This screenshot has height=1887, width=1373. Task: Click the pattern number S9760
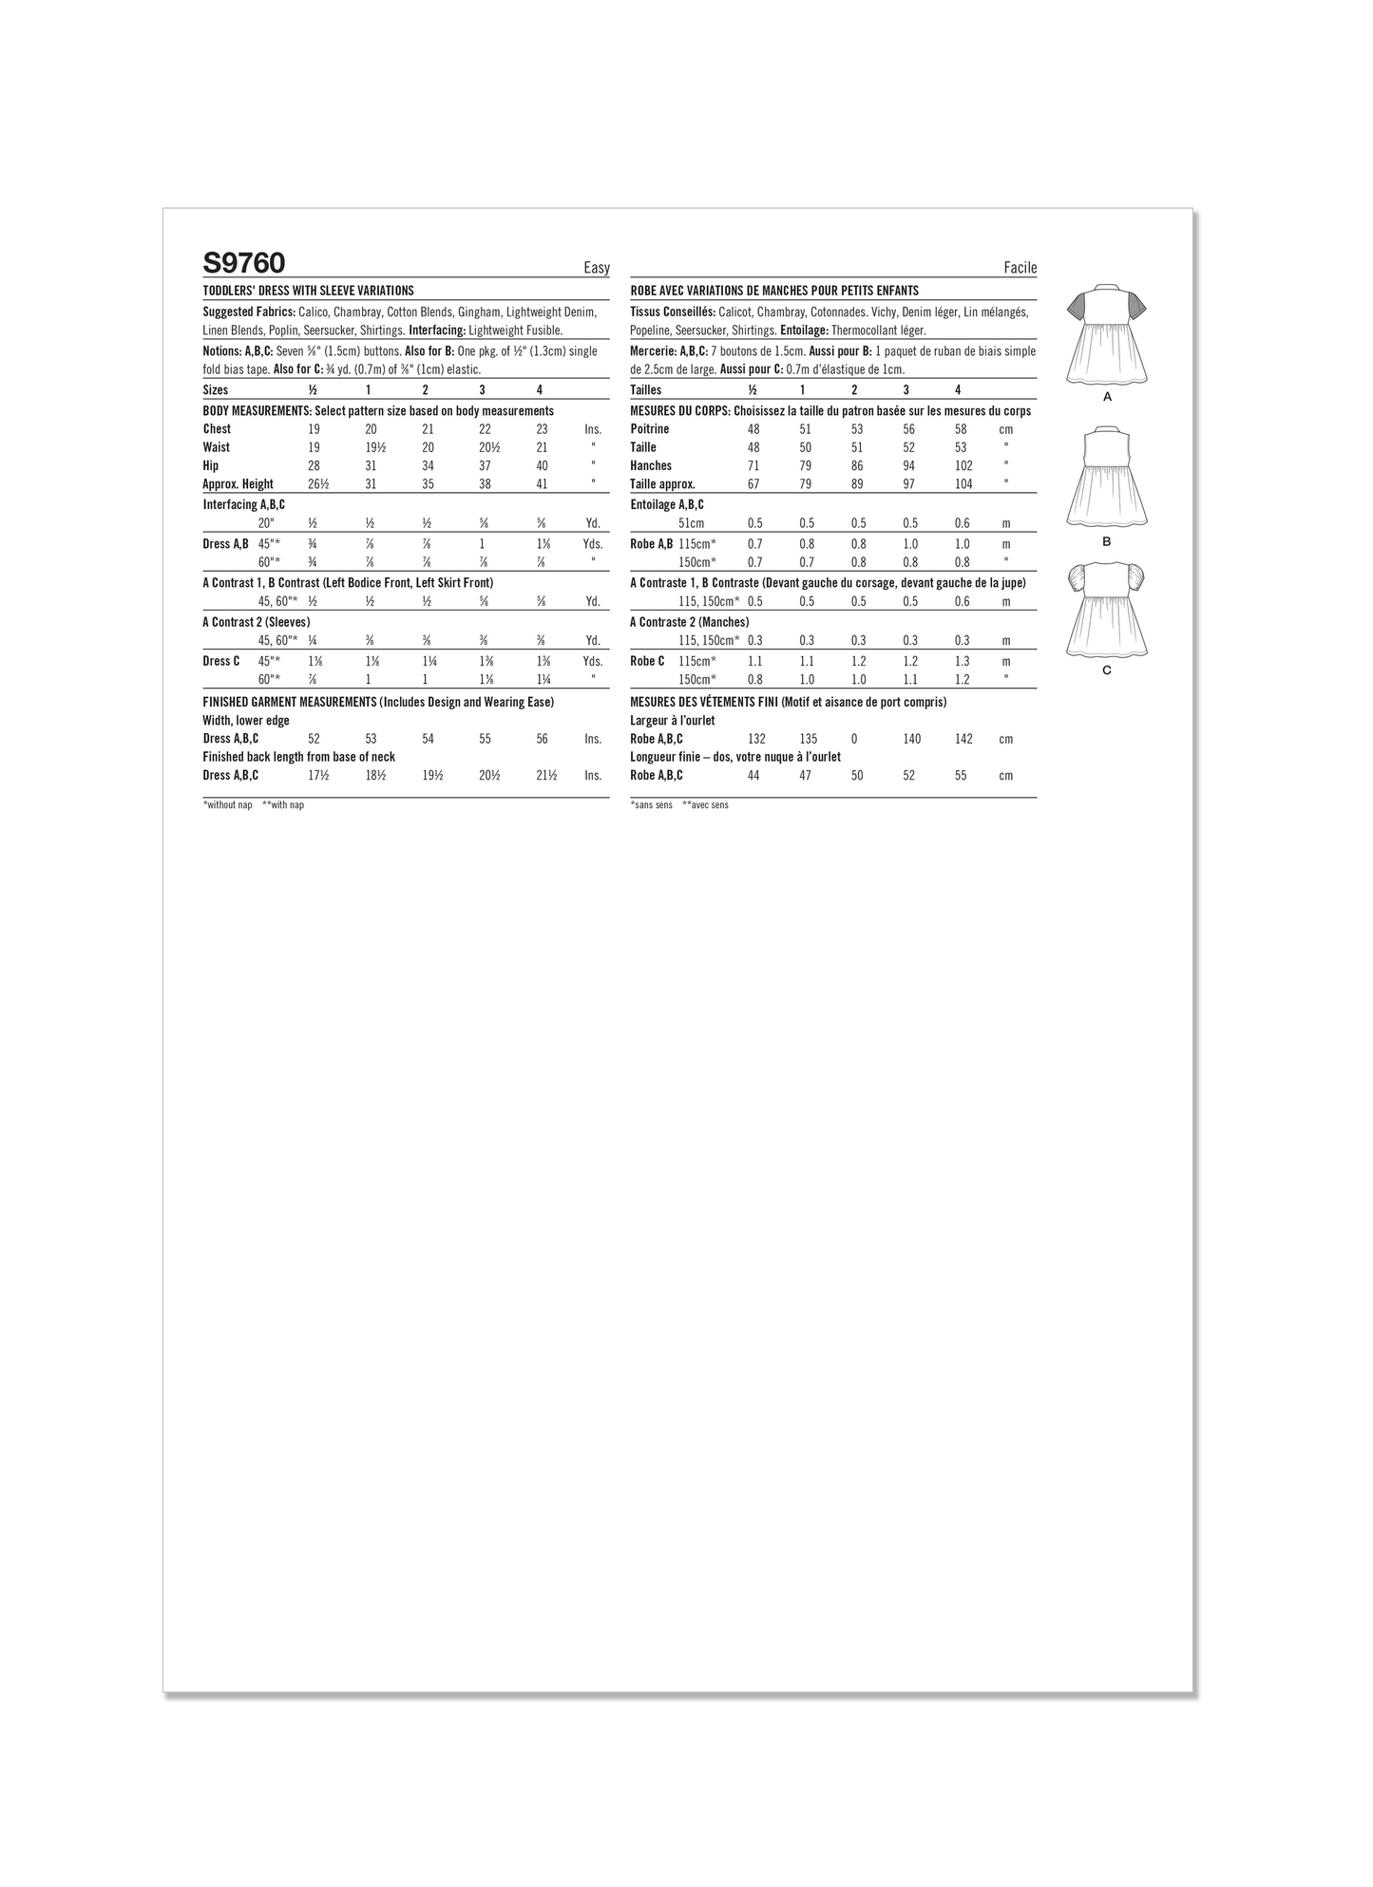click(x=244, y=262)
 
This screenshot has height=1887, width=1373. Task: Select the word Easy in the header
click(x=597, y=268)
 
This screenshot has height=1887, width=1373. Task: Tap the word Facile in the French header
click(x=1020, y=268)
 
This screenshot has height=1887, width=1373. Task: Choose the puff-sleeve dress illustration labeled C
click(x=1107, y=609)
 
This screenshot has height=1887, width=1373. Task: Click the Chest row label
click(x=217, y=429)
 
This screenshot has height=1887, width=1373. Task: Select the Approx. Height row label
click(x=238, y=484)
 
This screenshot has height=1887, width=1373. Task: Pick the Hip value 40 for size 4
click(x=542, y=466)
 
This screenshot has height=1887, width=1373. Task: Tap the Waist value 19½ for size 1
click(x=371, y=447)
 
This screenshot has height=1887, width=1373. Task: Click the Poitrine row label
click(x=650, y=429)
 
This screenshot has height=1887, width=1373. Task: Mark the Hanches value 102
click(x=962, y=466)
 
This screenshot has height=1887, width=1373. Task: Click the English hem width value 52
click(x=315, y=739)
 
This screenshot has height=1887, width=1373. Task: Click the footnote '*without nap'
click(x=228, y=805)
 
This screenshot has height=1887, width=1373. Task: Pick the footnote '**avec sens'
click(x=705, y=805)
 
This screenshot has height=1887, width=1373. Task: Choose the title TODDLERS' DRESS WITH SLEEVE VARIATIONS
click(x=309, y=292)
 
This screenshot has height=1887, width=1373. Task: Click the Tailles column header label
click(x=646, y=390)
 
